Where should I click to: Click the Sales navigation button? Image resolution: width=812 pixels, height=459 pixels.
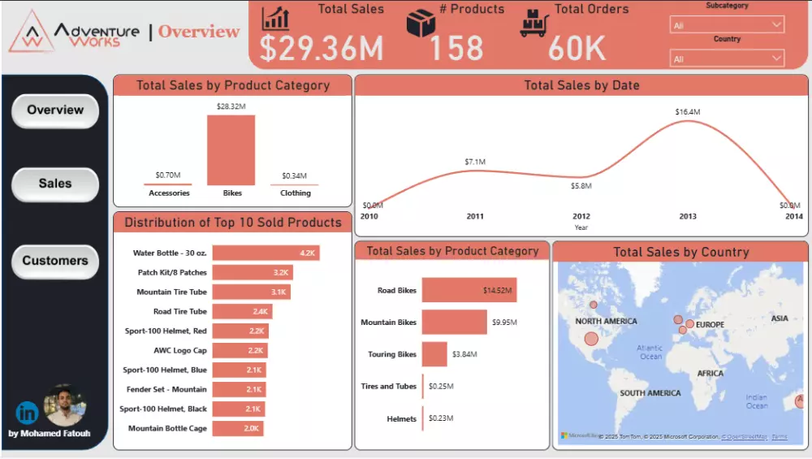coord(55,184)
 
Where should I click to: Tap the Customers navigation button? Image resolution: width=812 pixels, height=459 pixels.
coord(55,261)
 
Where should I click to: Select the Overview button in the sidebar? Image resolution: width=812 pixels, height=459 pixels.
coord(55,110)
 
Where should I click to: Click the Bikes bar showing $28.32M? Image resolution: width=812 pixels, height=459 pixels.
coord(231,150)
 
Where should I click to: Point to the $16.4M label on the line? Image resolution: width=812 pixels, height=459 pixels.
coord(687,112)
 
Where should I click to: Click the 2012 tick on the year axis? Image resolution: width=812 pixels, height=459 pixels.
coord(581,216)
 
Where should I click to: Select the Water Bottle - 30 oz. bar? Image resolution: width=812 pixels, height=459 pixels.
coord(266,253)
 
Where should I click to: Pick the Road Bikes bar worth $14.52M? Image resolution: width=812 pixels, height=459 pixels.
coord(469,290)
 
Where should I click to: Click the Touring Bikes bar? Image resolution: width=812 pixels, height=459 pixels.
coord(434,354)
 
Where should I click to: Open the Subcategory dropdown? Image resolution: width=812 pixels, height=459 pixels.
coord(727,25)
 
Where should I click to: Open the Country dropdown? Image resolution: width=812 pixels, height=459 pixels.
coord(727,58)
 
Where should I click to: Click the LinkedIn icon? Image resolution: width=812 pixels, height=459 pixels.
coord(27,413)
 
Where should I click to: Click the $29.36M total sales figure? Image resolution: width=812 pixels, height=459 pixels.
coord(322,48)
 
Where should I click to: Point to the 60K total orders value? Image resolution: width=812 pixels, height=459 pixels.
coord(577,48)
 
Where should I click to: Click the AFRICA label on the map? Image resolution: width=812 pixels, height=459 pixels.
coord(710,374)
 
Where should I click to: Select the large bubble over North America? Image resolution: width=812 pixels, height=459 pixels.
coord(591,339)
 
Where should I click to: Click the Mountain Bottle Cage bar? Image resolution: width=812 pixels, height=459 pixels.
coord(238,428)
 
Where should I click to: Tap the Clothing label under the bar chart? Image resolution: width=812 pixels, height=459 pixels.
coord(296,193)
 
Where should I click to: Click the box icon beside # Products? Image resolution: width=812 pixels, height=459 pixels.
coord(421,23)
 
